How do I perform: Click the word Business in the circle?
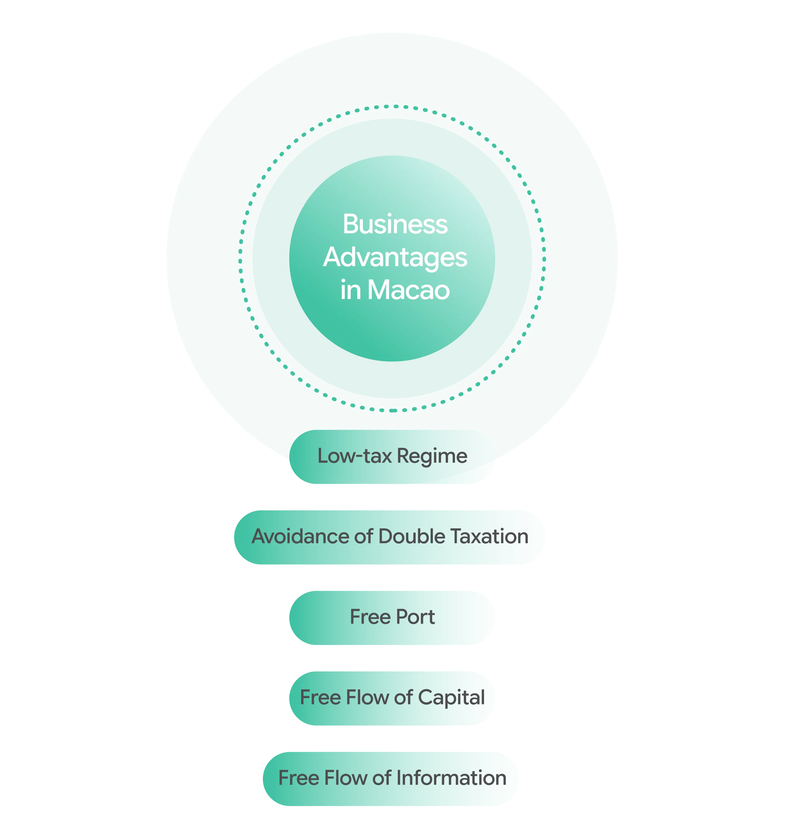[395, 224]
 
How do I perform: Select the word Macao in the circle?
[408, 290]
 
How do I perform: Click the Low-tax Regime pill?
[392, 456]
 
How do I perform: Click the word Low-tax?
[355, 456]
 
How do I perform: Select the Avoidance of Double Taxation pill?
[390, 537]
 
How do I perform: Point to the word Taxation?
[490, 536]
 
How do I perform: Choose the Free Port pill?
[392, 618]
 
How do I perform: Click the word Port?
[415, 617]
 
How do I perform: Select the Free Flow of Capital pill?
[392, 698]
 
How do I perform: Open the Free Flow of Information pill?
[392, 779]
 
